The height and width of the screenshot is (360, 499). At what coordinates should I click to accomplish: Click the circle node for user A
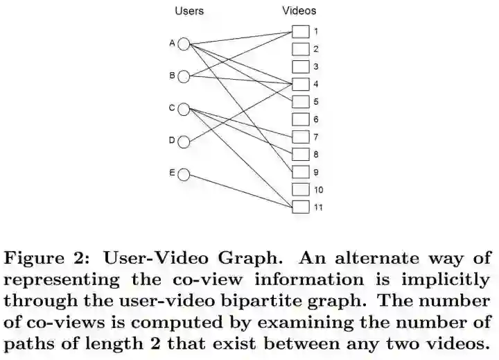[184, 44]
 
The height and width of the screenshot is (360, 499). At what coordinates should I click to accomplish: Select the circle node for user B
[184, 76]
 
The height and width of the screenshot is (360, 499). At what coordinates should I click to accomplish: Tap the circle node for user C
[184, 109]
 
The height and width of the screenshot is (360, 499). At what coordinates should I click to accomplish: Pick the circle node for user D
[184, 142]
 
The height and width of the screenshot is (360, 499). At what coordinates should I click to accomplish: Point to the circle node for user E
[184, 173]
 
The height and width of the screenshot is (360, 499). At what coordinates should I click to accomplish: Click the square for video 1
[299, 32]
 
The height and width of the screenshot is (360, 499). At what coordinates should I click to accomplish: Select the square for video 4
[299, 85]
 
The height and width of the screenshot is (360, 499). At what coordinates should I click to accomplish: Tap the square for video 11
[299, 207]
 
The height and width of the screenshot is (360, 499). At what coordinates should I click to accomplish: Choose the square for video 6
[299, 119]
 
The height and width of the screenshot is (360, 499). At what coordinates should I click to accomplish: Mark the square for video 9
[299, 171]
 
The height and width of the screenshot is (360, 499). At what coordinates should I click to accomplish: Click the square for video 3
[299, 67]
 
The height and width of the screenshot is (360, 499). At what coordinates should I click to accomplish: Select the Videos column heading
[299, 11]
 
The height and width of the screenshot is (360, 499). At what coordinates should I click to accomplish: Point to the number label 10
[318, 189]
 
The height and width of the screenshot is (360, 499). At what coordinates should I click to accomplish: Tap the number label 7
[315, 137]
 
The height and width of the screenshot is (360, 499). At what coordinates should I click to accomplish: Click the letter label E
[172, 172]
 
